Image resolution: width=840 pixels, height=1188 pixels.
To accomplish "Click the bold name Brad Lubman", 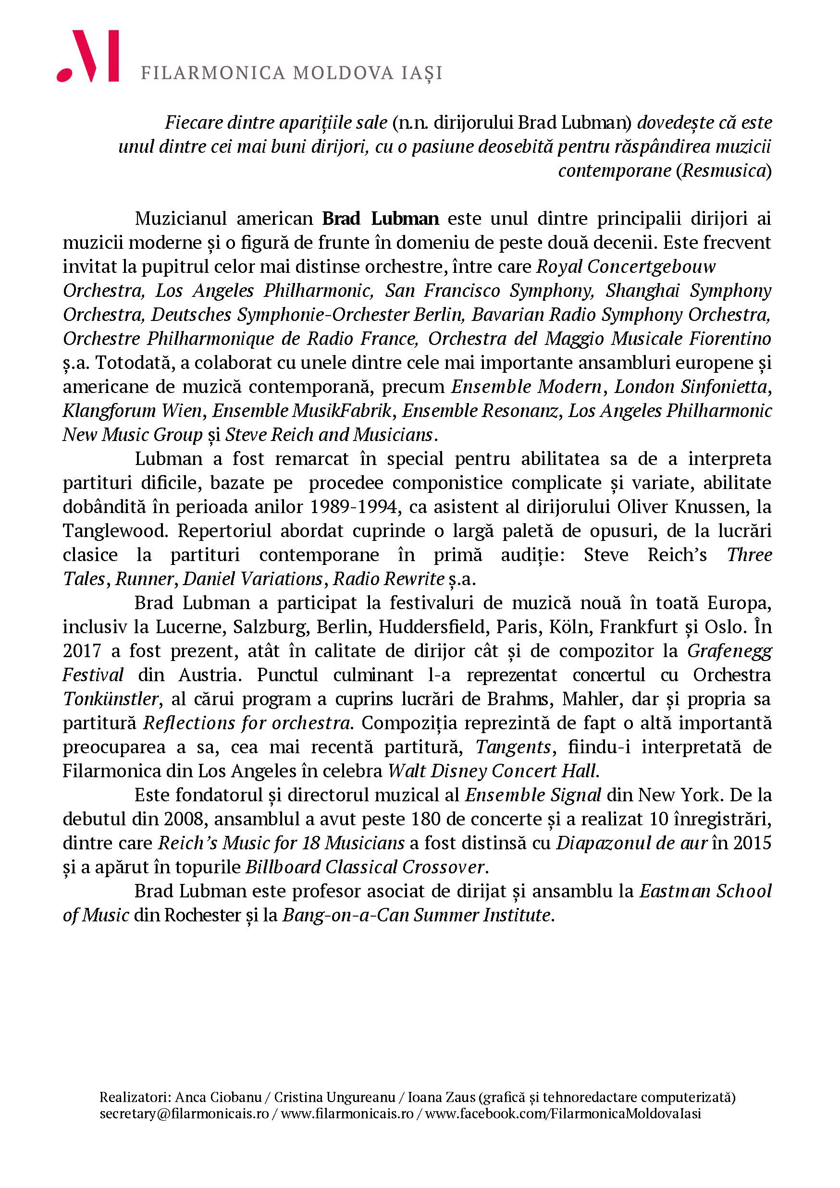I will [381, 219].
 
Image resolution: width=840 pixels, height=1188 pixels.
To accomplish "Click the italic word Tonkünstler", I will [110, 699].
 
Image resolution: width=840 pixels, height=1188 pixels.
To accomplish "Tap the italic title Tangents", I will [513, 747].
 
